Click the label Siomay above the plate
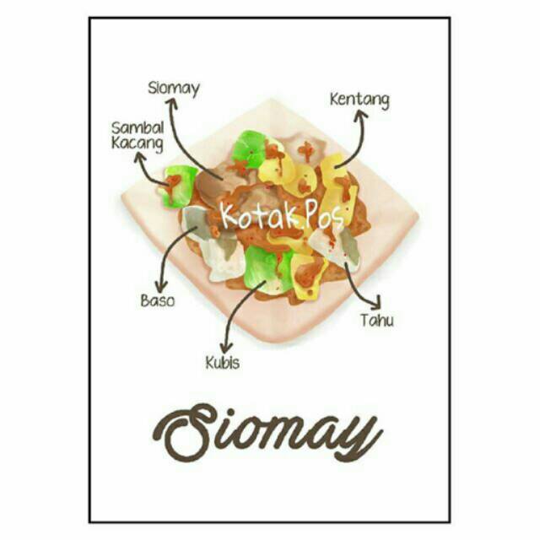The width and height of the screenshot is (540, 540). coord(173,88)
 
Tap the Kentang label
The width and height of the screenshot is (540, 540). coord(359,100)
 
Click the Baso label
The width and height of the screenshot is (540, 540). coord(158,300)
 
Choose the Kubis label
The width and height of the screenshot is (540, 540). coord(222,363)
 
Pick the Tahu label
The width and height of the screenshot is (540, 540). coord(376,320)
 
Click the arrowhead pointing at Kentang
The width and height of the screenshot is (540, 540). coord(362,116)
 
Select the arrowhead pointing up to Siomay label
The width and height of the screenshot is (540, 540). coord(172,103)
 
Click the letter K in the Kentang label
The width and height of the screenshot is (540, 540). coord(334,100)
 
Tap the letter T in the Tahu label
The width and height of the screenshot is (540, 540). coord(364,320)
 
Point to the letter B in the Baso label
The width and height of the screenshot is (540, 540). coord(144,300)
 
